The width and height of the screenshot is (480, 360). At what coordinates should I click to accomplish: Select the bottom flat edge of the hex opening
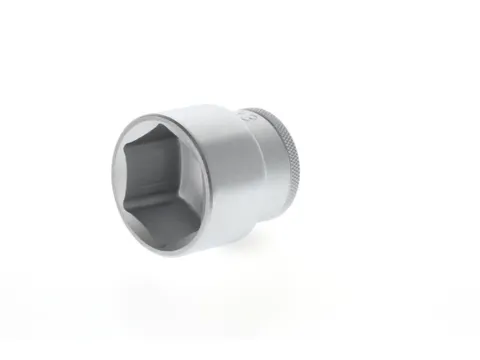pos(173,235)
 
